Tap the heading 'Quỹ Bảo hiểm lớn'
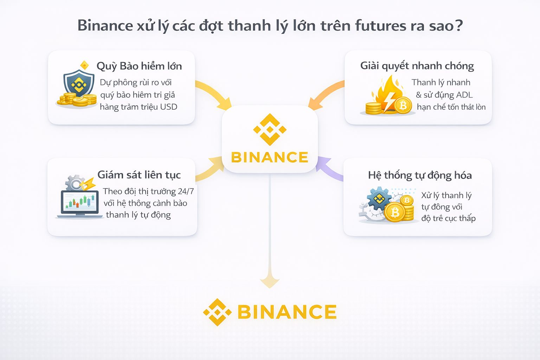139,66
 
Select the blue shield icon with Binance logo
79,83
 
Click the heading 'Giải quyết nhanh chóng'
417,66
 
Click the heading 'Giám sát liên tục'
139,175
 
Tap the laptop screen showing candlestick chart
79,202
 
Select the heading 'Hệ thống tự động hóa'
420,175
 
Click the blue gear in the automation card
378,199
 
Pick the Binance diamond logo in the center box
270,129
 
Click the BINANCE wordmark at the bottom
287,312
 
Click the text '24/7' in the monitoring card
186,191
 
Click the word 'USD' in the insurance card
169,107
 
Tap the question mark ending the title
458,26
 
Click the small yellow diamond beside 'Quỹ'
84,65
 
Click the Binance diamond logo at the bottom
217,312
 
